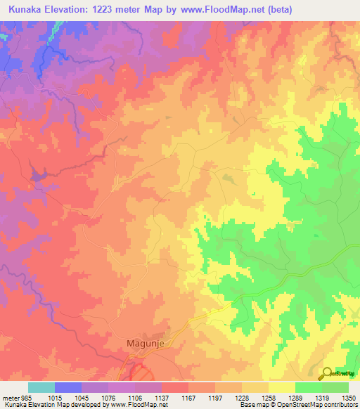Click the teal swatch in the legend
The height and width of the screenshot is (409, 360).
(41, 387)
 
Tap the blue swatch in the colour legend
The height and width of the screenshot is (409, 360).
(67, 387)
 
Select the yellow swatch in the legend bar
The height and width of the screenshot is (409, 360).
(281, 387)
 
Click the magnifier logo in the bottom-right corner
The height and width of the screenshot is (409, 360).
(328, 374)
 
